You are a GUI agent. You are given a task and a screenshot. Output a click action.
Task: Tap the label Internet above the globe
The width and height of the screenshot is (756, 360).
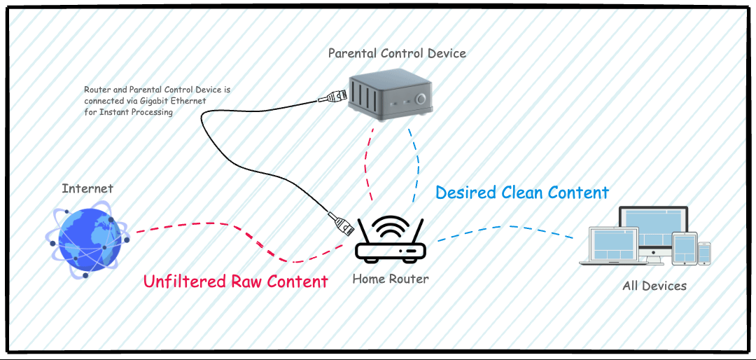coord(87,188)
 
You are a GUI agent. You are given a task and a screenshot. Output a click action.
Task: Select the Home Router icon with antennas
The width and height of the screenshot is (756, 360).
coord(391,242)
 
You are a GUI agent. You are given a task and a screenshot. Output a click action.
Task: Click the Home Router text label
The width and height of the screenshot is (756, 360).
coord(391,279)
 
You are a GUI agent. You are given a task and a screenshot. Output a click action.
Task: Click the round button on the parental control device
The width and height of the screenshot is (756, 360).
coord(421,99)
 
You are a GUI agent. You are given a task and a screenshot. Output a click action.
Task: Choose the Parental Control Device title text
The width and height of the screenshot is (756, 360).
coord(397,53)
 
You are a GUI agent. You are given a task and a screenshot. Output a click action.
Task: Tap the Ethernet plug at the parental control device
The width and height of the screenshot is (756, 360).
coord(333,97)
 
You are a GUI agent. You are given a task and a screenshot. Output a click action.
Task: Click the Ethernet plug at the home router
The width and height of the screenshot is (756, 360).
coord(342,223)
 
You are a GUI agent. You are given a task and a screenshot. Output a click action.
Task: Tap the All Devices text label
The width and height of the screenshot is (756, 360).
coord(654,286)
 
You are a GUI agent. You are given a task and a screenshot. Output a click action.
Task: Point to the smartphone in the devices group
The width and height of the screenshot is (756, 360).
coord(704,254)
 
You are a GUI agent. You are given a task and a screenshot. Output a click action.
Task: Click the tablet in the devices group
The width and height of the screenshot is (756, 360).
coord(685,248)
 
